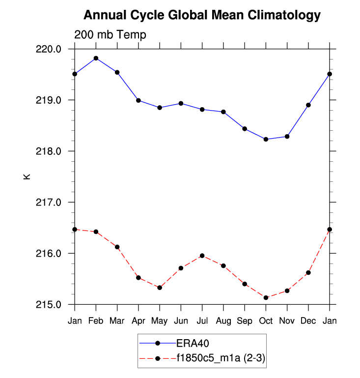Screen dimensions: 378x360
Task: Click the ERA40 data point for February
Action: coord(96,58)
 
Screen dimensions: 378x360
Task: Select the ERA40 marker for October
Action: coord(266,139)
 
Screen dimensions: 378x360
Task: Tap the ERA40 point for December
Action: coord(308,105)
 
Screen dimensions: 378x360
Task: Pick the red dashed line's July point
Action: coord(202,256)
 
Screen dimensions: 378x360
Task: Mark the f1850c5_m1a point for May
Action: coord(160,288)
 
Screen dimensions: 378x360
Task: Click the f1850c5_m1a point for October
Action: coord(266,297)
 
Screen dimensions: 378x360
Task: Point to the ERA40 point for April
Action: coord(138,100)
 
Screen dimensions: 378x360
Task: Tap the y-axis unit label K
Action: coord(27,176)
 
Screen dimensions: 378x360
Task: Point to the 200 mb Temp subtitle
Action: coord(110,34)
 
